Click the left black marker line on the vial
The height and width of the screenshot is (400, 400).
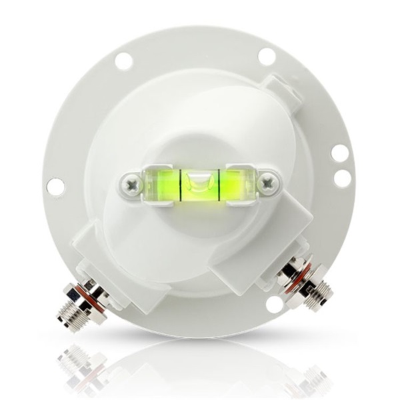(181, 182)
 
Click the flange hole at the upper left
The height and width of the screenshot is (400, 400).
(123, 61)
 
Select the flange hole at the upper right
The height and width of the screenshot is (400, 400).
(267, 57)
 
